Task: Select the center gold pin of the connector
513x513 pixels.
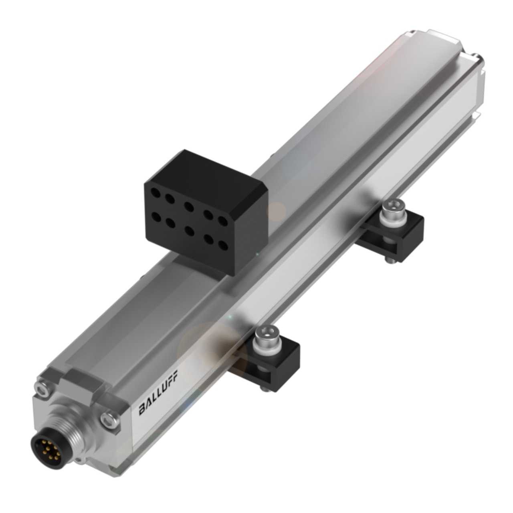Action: coord(45,448)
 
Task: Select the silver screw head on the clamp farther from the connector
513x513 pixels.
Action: coord(390,208)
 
